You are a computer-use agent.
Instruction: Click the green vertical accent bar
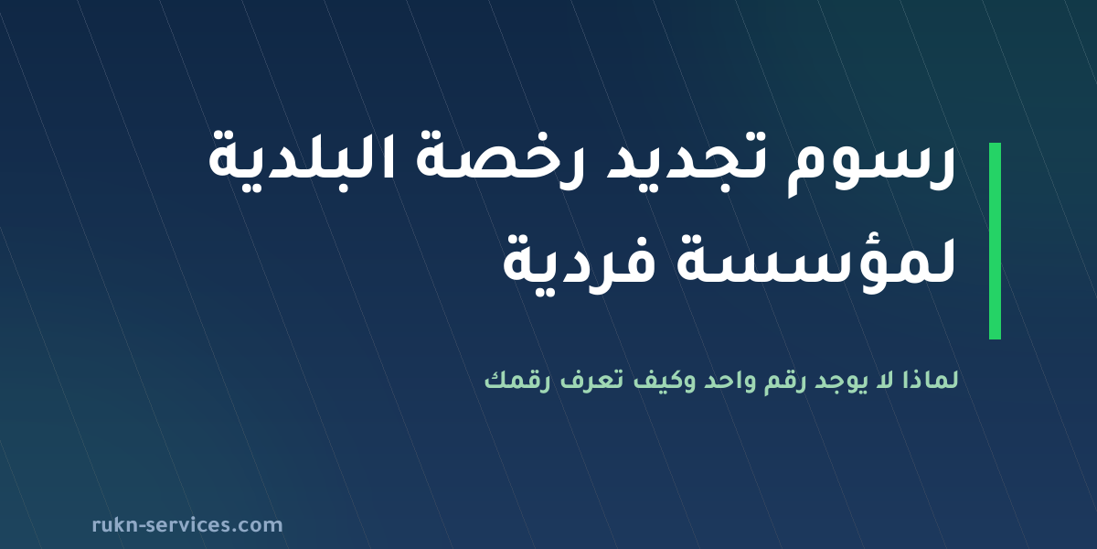point(995,241)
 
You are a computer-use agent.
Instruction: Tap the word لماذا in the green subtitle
point(930,381)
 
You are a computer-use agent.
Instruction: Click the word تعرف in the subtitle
point(592,382)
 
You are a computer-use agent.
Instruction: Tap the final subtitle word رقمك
point(517,382)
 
